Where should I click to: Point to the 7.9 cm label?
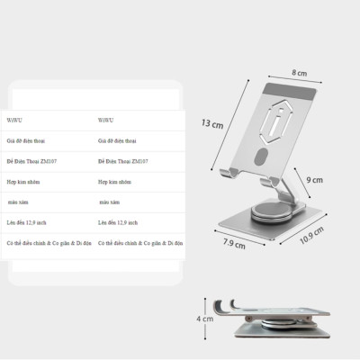[x=235, y=240]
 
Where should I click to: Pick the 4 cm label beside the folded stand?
[x=205, y=318]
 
